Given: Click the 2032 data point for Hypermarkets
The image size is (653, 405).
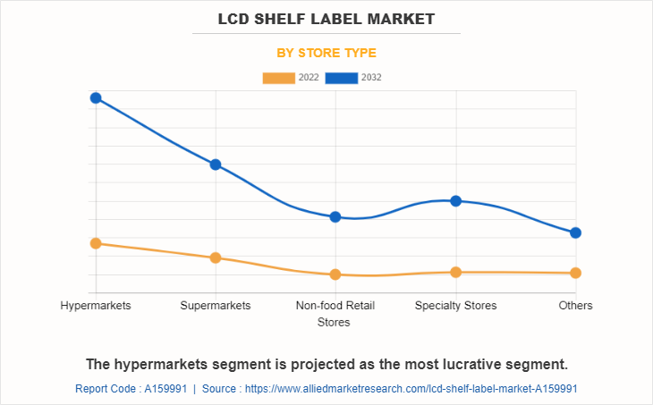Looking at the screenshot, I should tap(96, 97).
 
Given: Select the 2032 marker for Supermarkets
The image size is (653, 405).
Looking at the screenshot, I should tap(216, 165).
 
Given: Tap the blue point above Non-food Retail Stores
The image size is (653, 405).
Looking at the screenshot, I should tap(335, 216).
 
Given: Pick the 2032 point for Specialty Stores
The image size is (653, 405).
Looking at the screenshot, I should tap(455, 201).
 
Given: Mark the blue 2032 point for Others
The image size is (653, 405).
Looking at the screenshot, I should tap(576, 232).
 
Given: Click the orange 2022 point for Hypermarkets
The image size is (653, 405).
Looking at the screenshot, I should tap(96, 243).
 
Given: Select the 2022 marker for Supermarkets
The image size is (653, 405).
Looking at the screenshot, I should tap(216, 257).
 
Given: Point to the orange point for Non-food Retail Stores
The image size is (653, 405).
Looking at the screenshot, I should tap(335, 274).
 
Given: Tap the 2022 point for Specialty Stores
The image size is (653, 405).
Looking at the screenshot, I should tap(455, 272).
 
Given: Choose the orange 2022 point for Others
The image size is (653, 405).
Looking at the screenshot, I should tap(576, 273).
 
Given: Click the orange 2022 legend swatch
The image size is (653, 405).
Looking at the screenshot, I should tap(278, 78).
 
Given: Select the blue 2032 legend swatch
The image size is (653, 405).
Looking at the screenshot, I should tap(342, 78).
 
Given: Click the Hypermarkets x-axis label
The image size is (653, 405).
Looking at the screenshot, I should tap(96, 306).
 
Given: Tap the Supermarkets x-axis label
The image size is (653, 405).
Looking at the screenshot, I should tap(216, 306).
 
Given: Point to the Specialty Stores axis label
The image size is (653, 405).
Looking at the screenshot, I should tap(455, 306).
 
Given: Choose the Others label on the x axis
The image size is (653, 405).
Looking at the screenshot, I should tap(576, 306).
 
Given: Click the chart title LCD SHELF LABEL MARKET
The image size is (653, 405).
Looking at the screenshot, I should tap(326, 18).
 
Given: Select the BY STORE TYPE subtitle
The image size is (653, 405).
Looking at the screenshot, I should tap(326, 53).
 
